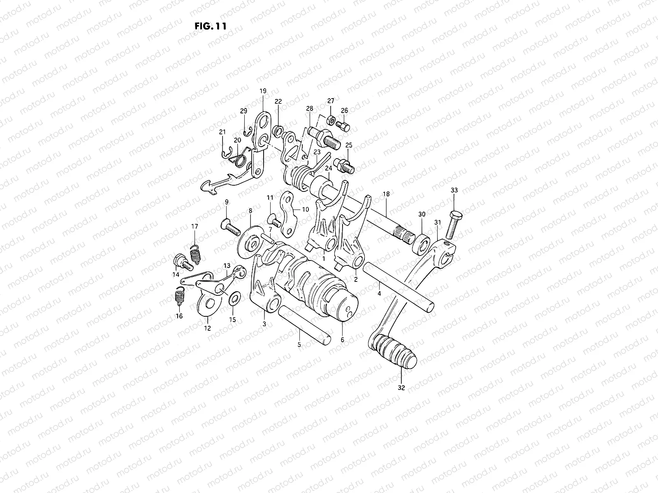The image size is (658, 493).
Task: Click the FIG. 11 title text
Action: click(x=210, y=25)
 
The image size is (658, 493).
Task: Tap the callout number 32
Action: click(x=401, y=387)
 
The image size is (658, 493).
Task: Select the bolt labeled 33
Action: click(x=455, y=224)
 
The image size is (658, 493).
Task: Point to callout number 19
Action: click(x=263, y=91)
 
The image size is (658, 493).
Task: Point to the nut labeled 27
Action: click(x=331, y=120)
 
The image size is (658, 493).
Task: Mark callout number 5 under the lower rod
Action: click(x=299, y=344)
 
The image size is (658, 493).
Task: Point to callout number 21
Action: click(x=222, y=132)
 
